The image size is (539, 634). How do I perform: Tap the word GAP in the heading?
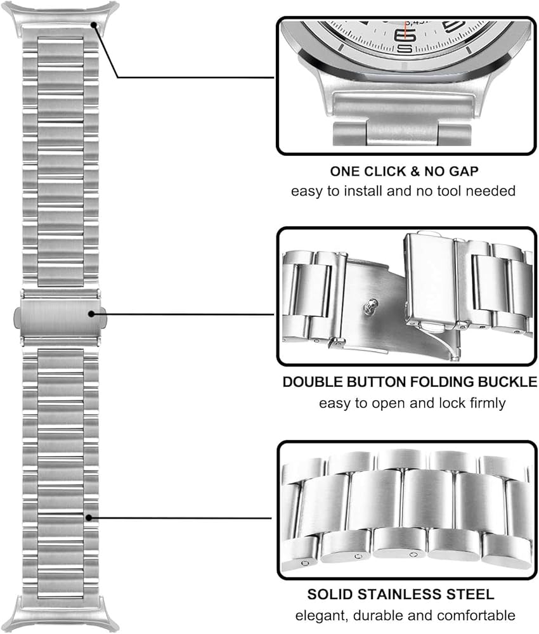464,171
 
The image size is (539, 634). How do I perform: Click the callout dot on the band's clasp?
91,314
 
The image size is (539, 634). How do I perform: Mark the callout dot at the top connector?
94,25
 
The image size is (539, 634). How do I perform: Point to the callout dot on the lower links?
89,517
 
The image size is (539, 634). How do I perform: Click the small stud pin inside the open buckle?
371,306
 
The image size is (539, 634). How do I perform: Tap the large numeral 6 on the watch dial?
405,35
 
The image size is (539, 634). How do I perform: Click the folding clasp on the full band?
60,318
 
